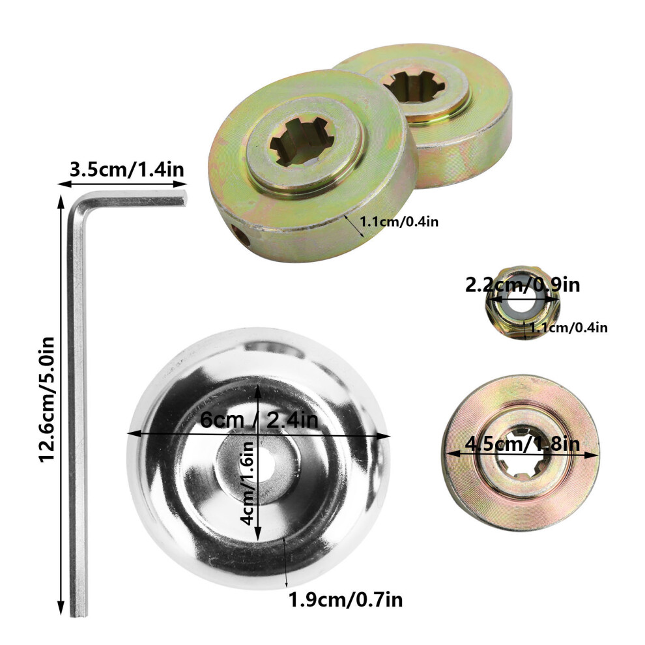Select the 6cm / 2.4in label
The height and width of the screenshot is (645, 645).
click(x=259, y=420)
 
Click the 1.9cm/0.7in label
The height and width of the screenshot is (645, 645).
click(x=345, y=600)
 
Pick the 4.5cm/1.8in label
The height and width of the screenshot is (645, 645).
click(x=522, y=444)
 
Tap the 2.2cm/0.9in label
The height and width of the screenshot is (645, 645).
click(x=523, y=285)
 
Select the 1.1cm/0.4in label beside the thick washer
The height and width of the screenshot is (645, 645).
click(x=399, y=222)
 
